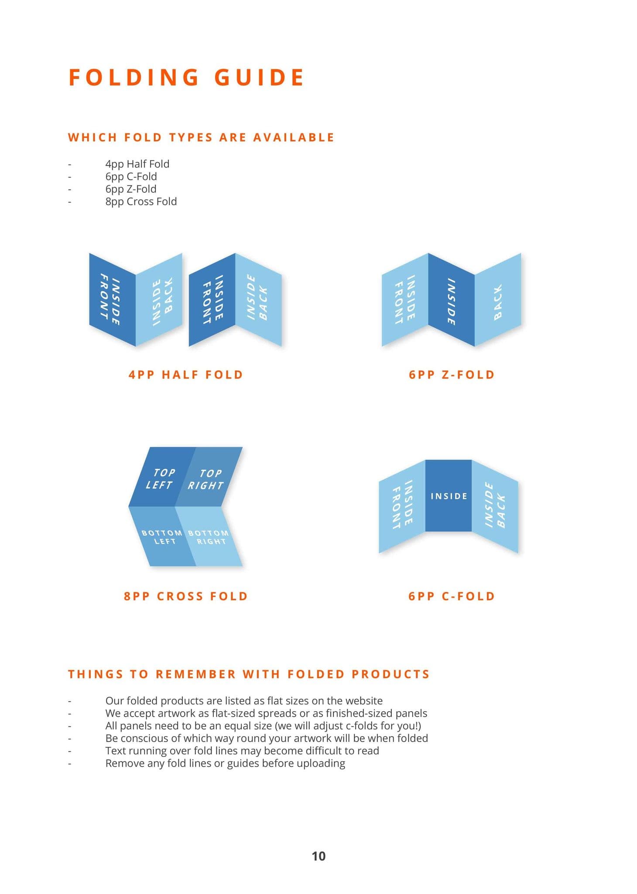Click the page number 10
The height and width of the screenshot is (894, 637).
[318, 856]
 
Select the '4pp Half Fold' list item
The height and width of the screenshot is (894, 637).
[137, 164]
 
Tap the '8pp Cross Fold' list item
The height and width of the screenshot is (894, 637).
[141, 202]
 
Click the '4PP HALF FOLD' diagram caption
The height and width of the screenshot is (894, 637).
[186, 375]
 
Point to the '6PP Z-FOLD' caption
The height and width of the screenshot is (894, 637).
[452, 375]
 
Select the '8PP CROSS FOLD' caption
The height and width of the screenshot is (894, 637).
[186, 596]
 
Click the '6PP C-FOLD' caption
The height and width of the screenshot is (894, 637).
[452, 596]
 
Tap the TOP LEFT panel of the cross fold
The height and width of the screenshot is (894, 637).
[161, 478]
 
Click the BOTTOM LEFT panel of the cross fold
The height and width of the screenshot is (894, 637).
[162, 537]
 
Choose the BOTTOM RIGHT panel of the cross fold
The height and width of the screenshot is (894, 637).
[209, 537]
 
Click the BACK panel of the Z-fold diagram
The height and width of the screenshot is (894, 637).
[498, 301]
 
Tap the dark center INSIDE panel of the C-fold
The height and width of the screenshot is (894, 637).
[449, 496]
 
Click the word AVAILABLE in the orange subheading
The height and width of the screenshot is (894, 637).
[294, 138]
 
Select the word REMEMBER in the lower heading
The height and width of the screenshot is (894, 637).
[195, 674]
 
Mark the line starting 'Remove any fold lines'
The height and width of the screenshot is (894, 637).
[225, 763]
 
